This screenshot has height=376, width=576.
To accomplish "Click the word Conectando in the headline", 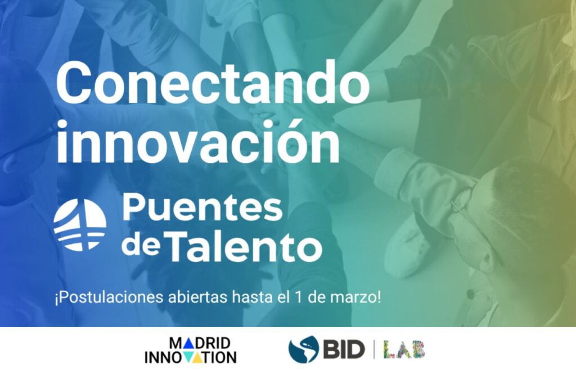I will coord(213,82).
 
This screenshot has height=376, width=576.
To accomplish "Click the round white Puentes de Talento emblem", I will coord(80,225).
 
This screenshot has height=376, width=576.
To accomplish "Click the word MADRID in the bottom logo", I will coord(200,343).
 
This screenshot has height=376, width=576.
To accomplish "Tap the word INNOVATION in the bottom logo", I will coord(191,357).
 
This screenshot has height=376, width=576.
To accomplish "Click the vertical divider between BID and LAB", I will coord(373,350).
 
